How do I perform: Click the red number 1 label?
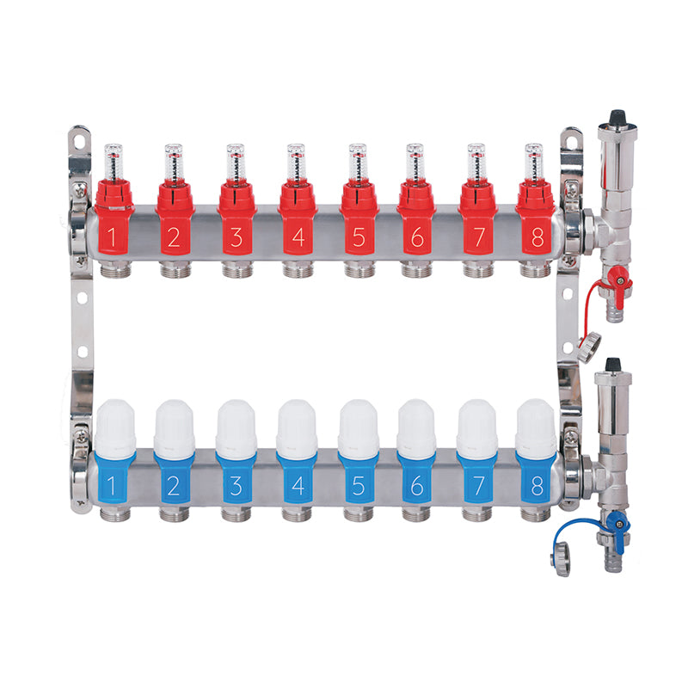pyautogui.click(x=112, y=237)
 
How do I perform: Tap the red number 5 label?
pyautogui.click(x=359, y=237)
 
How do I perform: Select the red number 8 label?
pyautogui.click(x=537, y=237)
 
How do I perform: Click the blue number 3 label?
pyautogui.click(x=236, y=485)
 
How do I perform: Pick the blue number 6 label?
pyautogui.click(x=417, y=485)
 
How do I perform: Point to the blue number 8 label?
pyautogui.click(x=537, y=485)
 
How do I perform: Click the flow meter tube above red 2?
pyautogui.click(x=174, y=162)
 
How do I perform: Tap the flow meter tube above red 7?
pyautogui.click(x=476, y=162)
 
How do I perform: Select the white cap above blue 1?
pyautogui.click(x=115, y=428)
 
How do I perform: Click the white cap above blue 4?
pyautogui.click(x=297, y=428)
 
